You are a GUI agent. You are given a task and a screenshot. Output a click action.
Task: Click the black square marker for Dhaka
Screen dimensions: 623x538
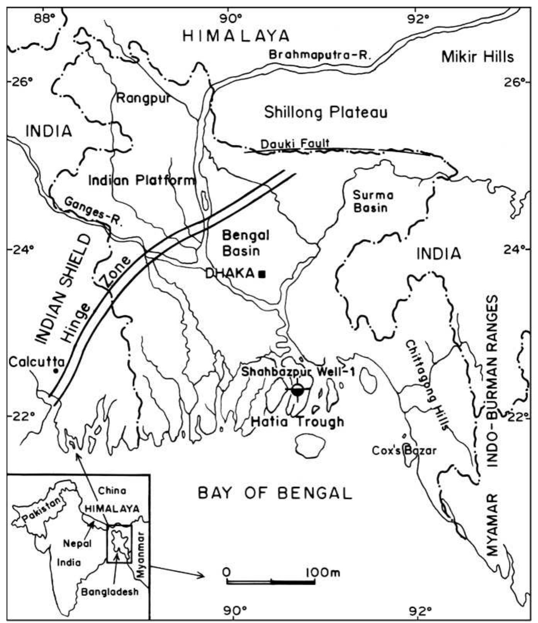point(262,274)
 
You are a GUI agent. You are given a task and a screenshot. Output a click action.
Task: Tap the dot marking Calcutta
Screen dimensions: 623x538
point(56,371)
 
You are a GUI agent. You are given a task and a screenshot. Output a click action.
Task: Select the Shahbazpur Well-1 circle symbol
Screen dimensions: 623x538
point(297,390)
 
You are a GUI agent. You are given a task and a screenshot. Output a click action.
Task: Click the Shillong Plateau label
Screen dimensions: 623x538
point(325,113)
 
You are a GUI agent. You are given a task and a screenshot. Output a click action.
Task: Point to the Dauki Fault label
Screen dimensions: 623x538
point(295,144)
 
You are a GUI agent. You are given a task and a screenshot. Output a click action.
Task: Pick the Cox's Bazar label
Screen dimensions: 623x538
point(404,450)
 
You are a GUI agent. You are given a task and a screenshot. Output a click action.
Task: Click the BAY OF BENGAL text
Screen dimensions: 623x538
point(275,494)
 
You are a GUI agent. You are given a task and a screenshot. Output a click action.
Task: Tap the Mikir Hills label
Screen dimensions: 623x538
point(478,57)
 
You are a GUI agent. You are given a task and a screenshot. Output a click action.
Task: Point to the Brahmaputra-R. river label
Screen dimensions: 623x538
point(319,54)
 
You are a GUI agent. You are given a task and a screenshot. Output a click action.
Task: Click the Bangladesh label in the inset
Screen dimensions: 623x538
point(110,592)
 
